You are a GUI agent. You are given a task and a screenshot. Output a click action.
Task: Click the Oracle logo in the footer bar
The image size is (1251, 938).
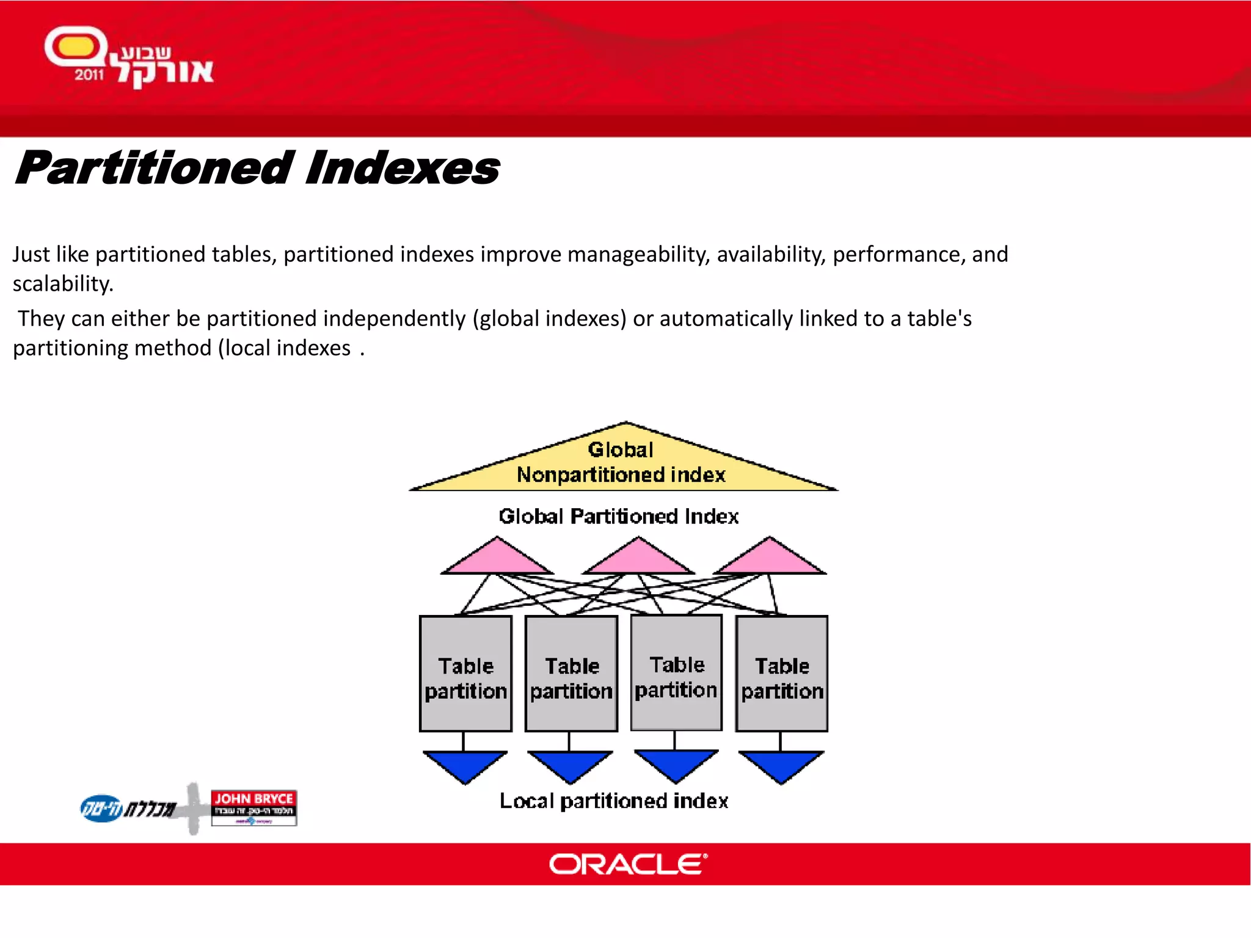point(628,864)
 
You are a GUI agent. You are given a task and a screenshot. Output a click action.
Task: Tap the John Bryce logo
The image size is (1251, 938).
point(253,807)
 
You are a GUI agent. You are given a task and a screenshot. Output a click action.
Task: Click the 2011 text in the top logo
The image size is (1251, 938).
point(89,75)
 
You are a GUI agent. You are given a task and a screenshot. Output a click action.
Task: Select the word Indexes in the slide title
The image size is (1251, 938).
point(402,169)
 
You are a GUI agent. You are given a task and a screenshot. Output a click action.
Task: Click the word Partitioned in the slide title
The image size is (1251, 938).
point(154,169)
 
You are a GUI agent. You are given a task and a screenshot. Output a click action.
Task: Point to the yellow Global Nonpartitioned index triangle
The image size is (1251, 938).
point(622,464)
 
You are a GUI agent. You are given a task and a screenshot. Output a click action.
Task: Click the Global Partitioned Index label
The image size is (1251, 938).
point(618,517)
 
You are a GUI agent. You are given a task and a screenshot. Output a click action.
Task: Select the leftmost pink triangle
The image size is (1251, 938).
point(497,559)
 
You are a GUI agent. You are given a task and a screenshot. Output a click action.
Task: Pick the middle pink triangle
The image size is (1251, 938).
point(638,559)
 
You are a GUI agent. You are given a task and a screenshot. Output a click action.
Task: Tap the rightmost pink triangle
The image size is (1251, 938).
point(770,559)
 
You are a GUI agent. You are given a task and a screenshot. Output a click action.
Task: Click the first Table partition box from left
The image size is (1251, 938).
point(465,674)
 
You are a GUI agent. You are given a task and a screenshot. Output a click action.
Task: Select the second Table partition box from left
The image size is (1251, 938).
point(571,674)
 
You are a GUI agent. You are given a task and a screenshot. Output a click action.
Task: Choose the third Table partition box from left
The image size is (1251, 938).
point(676,672)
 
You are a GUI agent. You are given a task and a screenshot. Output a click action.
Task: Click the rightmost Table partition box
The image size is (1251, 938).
point(782,674)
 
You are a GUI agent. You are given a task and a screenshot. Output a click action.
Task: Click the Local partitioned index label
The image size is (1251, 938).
point(614,801)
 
